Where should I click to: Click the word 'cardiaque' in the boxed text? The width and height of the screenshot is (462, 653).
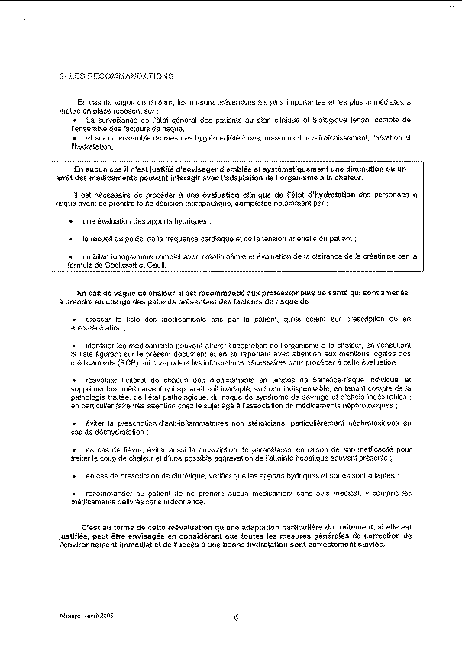click(203, 239)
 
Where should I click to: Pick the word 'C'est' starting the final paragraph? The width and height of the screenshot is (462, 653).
click(92, 527)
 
